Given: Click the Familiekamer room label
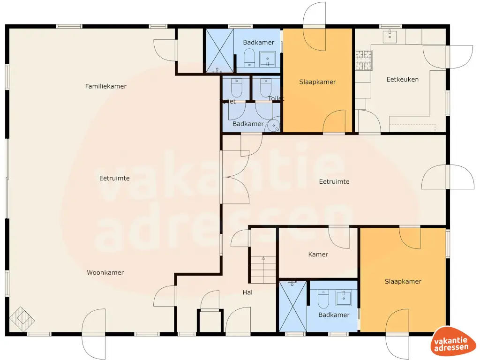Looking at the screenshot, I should tap(105, 86).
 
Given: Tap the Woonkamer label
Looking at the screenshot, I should tap(105, 272).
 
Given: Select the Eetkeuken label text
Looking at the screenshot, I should tap(402, 79).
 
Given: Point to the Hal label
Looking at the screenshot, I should tap(247, 292).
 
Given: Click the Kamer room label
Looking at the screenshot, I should tap(318, 255).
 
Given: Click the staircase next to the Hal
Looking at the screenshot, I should tap(263, 269).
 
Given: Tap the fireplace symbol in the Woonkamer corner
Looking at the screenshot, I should tap(22, 319).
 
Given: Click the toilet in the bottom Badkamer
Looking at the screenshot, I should tap(323, 298).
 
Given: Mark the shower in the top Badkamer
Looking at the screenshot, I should tap(219, 51).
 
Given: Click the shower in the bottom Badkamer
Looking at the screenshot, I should tap(293, 306).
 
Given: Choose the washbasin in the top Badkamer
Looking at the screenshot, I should tap(268, 59).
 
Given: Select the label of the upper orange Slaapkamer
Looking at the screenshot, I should tap(317, 82).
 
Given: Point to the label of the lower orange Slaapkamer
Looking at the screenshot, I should tap(403, 281).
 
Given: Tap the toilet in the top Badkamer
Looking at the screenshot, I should tap(249, 58).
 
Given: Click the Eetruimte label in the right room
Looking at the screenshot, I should tap(334, 181).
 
